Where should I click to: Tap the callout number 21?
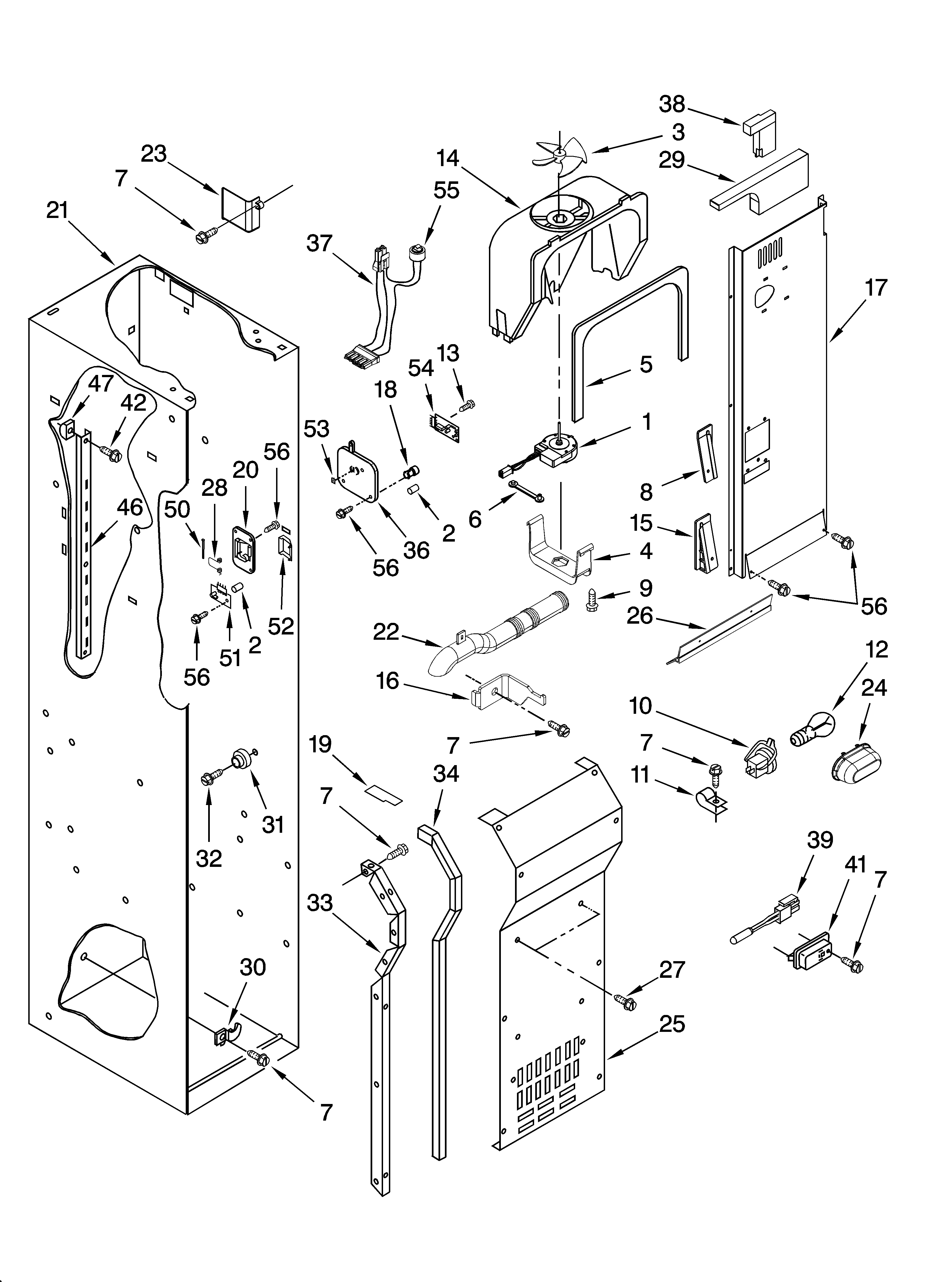pyautogui.click(x=57, y=211)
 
